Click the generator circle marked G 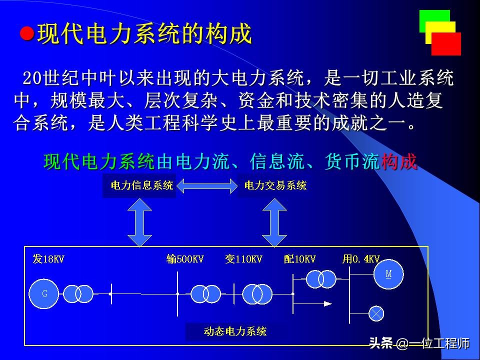(x=44, y=293)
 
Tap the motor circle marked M (x=388, y=274)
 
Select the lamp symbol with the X (x=375, y=313)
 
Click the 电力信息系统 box (x=139, y=186)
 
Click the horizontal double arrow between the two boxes (x=207, y=186)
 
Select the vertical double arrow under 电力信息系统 (x=139, y=222)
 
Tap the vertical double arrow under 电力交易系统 (x=274, y=222)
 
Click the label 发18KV (x=48, y=259)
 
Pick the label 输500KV (x=185, y=259)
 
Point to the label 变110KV (x=243, y=259)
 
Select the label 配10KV (x=299, y=259)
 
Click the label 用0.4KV (x=360, y=259)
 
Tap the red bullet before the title (x=27, y=34)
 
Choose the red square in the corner (x=446, y=44)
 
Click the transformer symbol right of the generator (x=77, y=293)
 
